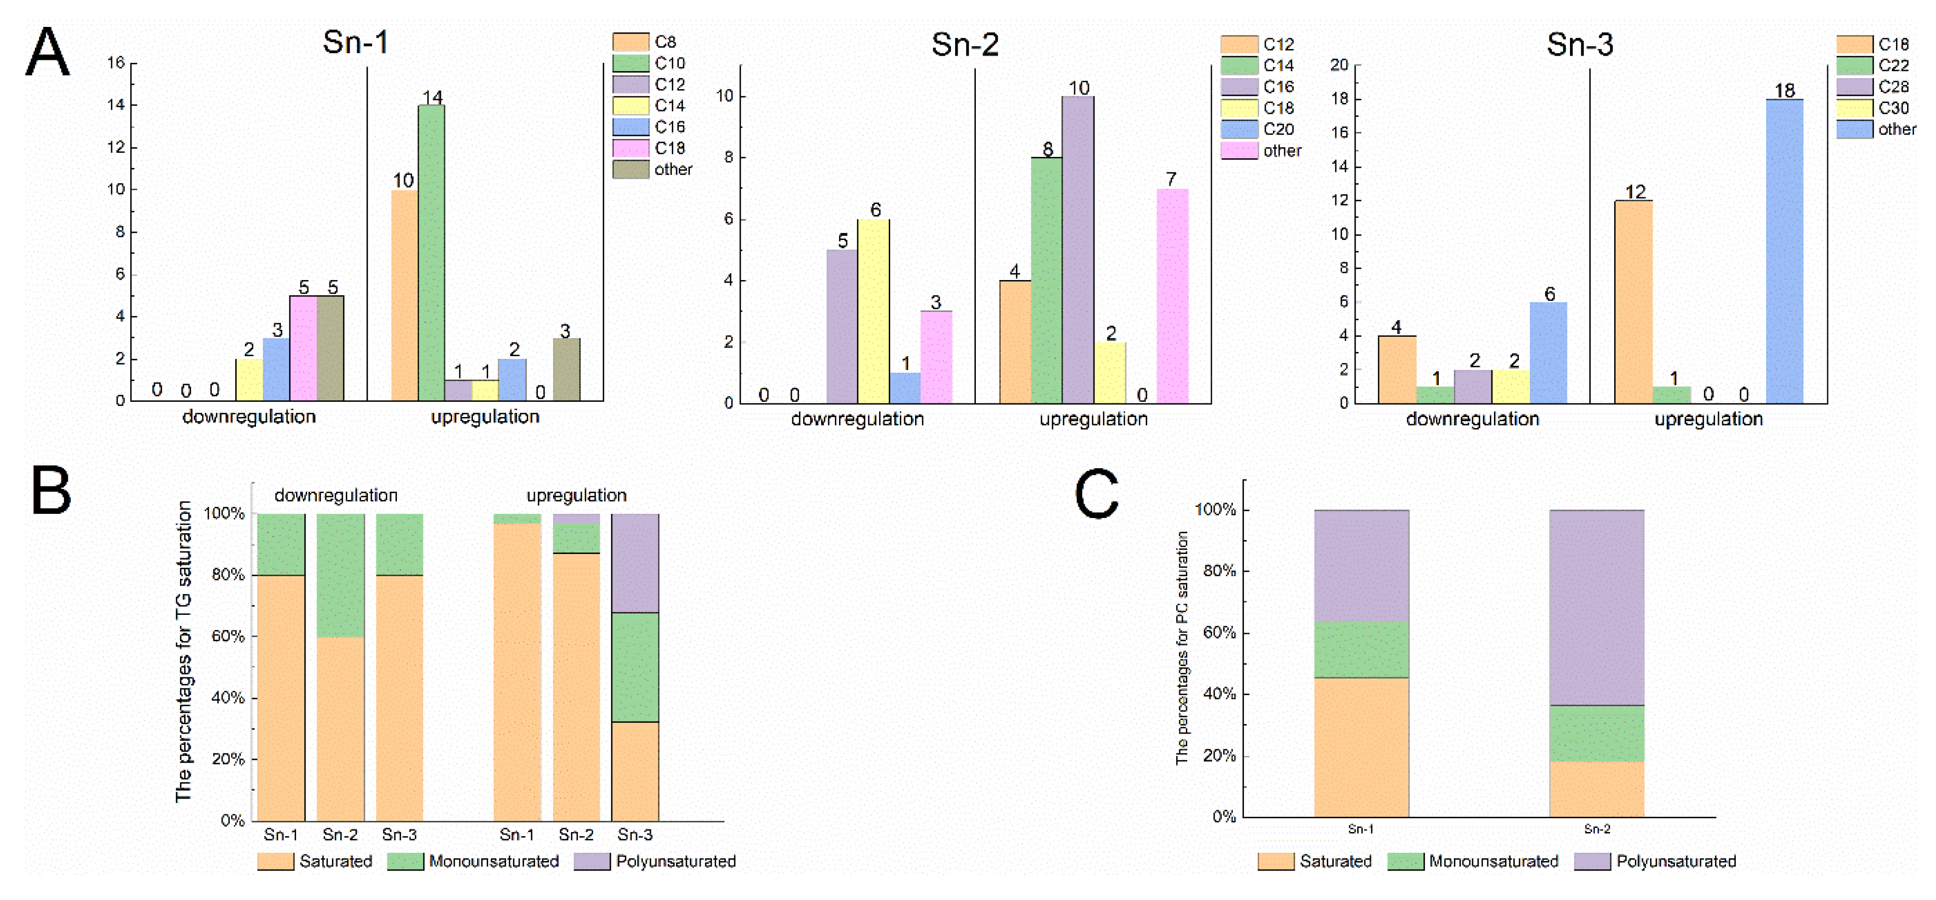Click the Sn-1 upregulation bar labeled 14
coord(431,253)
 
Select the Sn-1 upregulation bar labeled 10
coord(405,295)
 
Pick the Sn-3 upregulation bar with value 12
coord(1633,301)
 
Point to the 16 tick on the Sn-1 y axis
coord(116,62)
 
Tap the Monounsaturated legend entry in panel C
coord(1473,861)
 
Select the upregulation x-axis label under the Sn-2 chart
coord(1093,419)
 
